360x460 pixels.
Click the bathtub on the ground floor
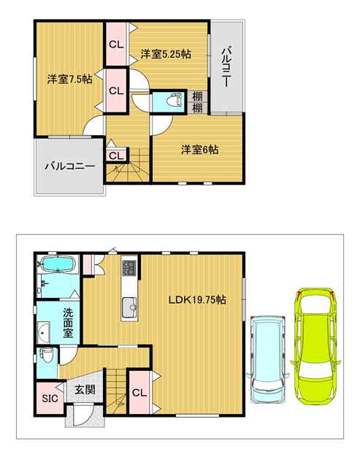click(58, 264)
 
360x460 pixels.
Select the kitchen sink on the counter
click(129, 307)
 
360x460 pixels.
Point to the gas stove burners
click(129, 268)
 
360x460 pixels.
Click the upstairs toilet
click(175, 101)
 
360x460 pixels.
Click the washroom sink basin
click(44, 331)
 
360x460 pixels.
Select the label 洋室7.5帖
click(70, 79)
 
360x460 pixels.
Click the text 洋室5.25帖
click(166, 54)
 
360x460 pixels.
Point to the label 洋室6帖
click(199, 150)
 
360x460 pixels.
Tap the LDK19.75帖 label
click(197, 299)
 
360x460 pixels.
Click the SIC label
click(50, 398)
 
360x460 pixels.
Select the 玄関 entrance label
click(85, 390)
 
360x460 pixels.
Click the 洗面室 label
click(68, 323)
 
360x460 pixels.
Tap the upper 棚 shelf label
click(197, 96)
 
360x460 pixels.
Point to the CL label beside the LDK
click(139, 393)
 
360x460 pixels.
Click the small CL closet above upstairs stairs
click(117, 156)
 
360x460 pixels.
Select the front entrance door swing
click(83, 415)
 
